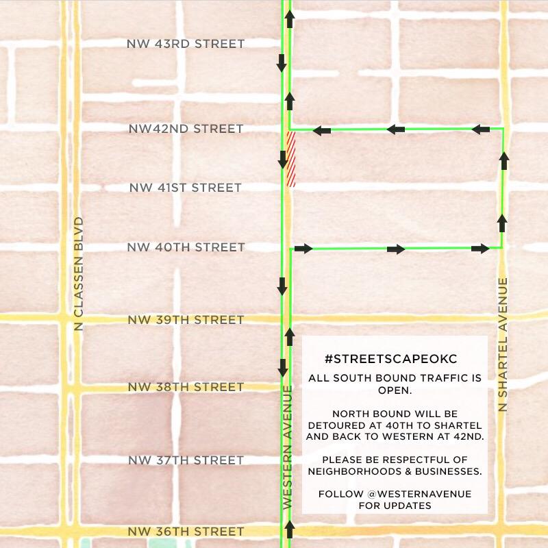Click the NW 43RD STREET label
point(185,44)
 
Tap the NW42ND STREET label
point(186,129)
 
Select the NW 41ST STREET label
point(185,188)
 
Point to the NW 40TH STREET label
point(186,247)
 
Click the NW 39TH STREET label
point(185,320)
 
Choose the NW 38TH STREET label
point(185,387)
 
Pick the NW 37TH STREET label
point(185,460)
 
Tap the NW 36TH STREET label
point(185,532)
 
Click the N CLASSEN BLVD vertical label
point(78,274)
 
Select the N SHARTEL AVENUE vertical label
point(503,345)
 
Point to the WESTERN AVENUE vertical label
point(288,447)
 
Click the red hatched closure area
point(291,159)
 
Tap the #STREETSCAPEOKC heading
point(390,359)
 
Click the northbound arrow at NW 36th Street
point(289,528)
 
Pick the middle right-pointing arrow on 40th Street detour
point(395,249)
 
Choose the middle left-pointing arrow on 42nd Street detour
point(395,129)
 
